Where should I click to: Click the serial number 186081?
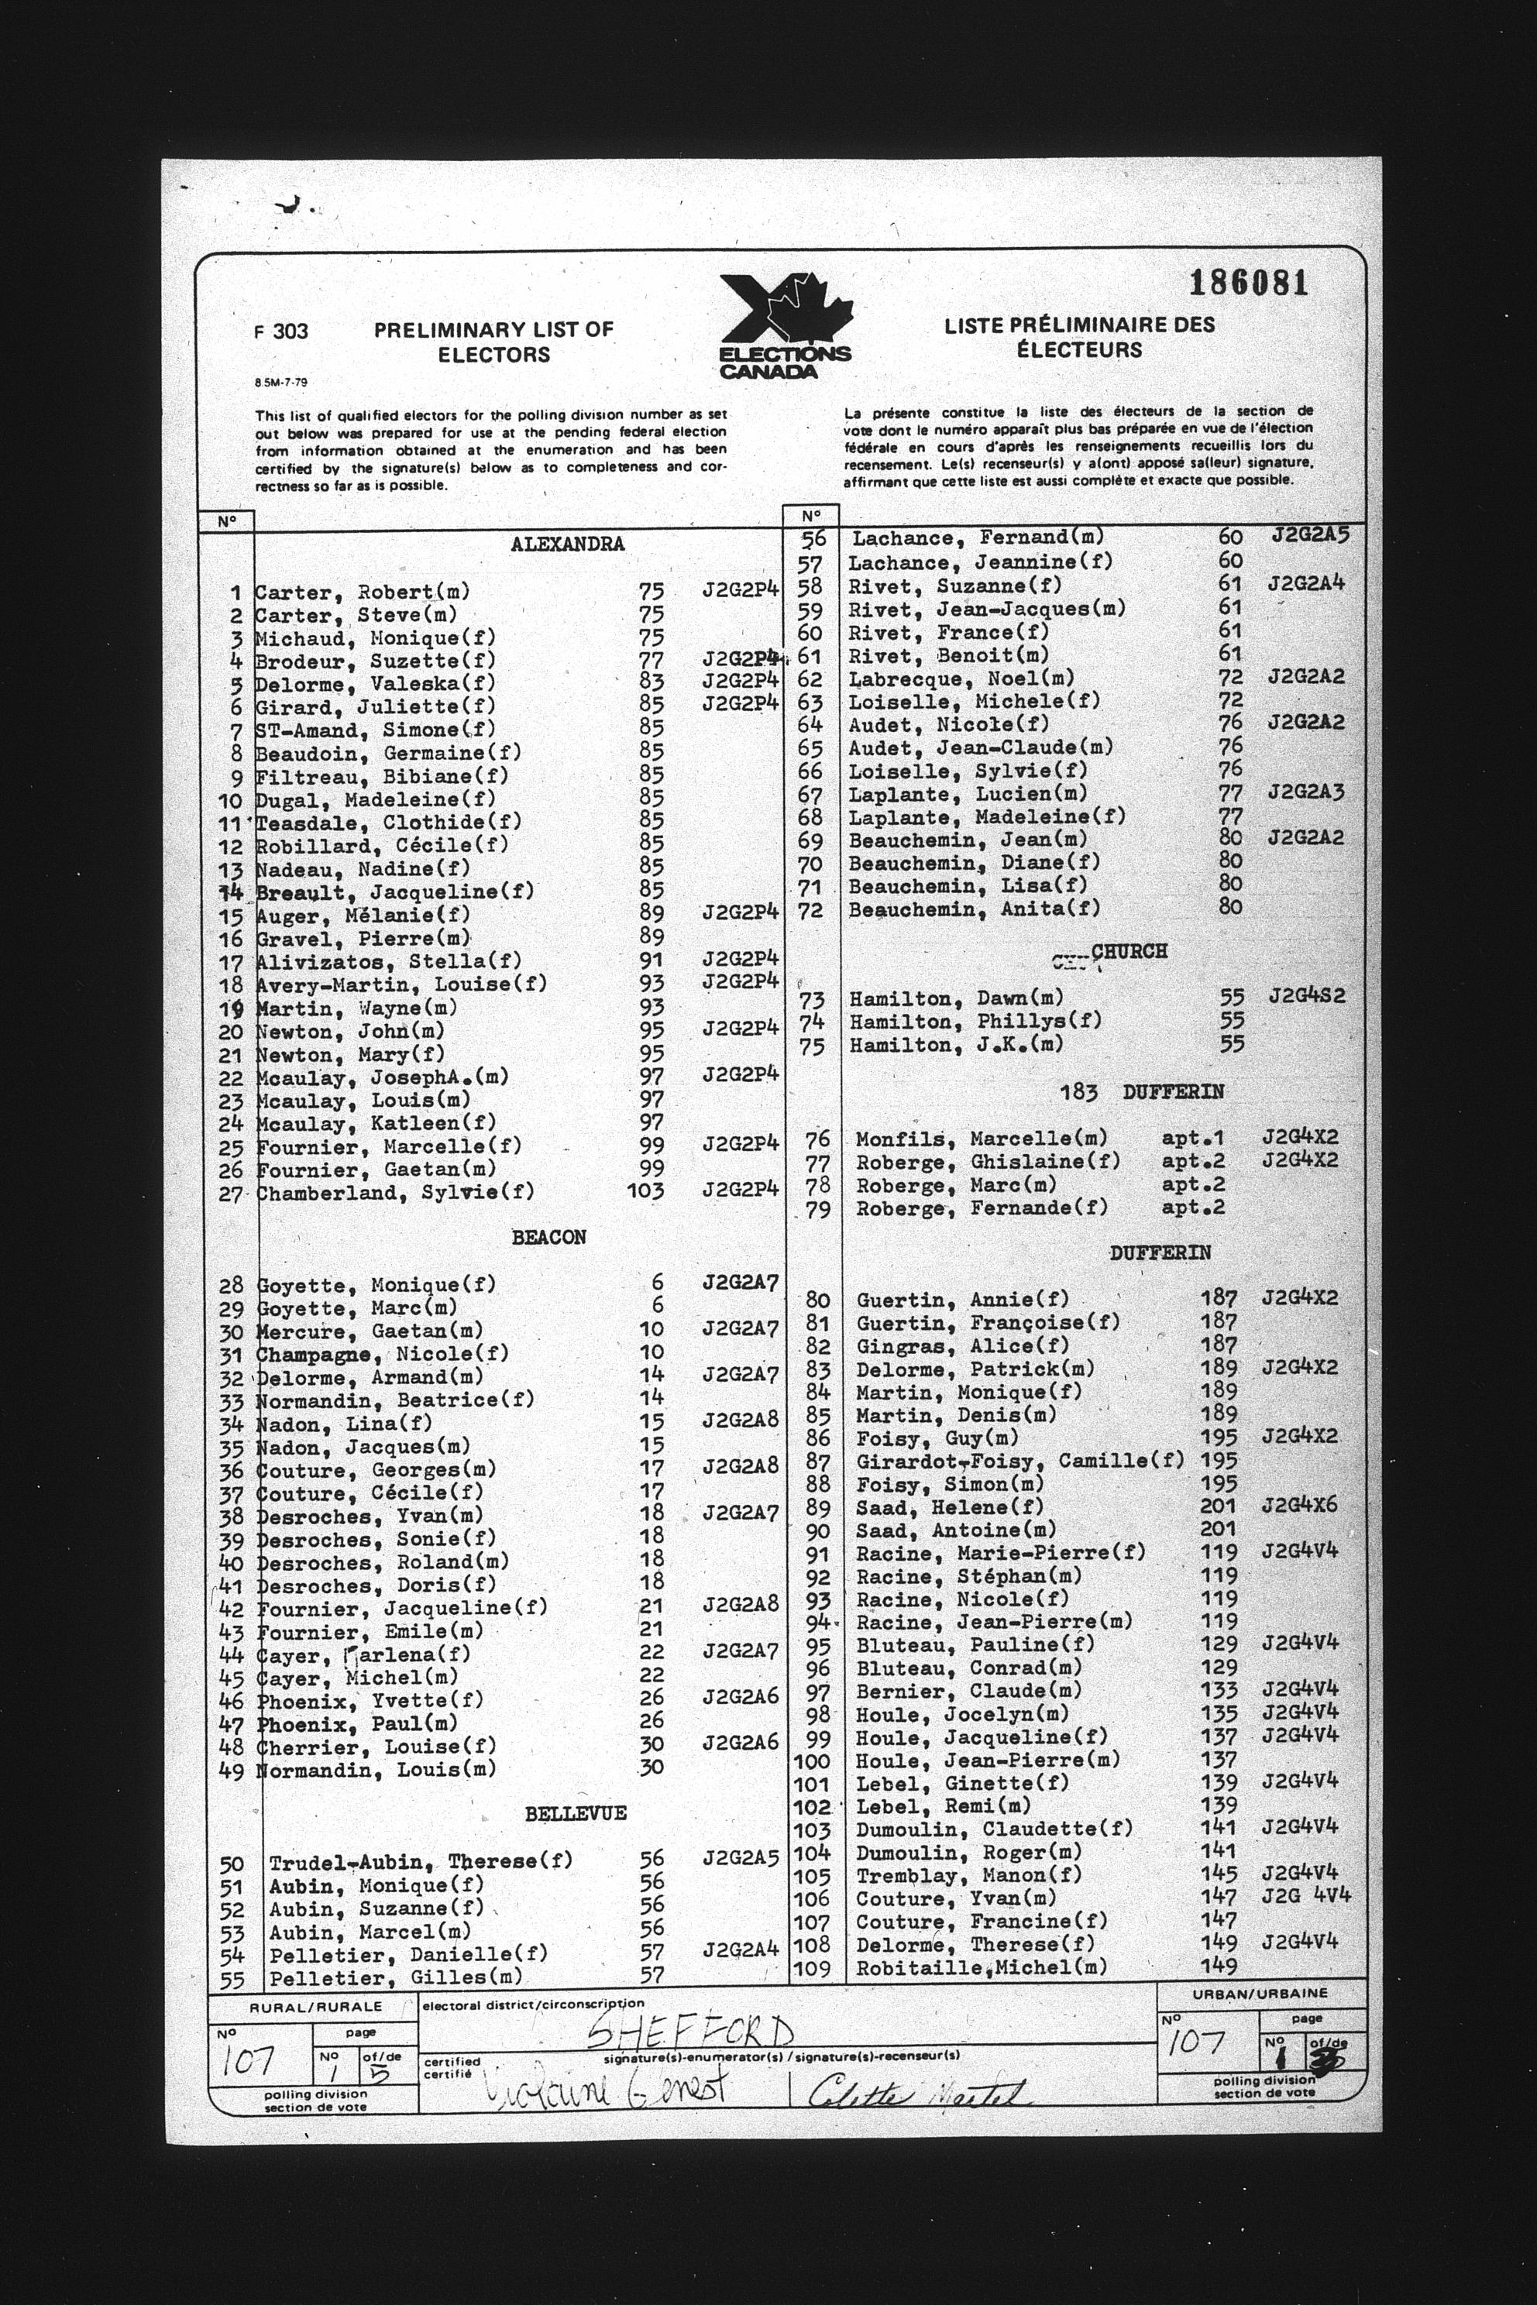pos(1248,283)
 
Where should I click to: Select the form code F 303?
pos(281,331)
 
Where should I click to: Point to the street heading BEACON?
pos(549,1238)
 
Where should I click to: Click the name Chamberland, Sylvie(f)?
pos(395,1193)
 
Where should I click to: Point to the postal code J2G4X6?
pos(1300,1506)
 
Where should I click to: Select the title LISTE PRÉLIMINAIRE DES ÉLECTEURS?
pos(1079,337)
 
